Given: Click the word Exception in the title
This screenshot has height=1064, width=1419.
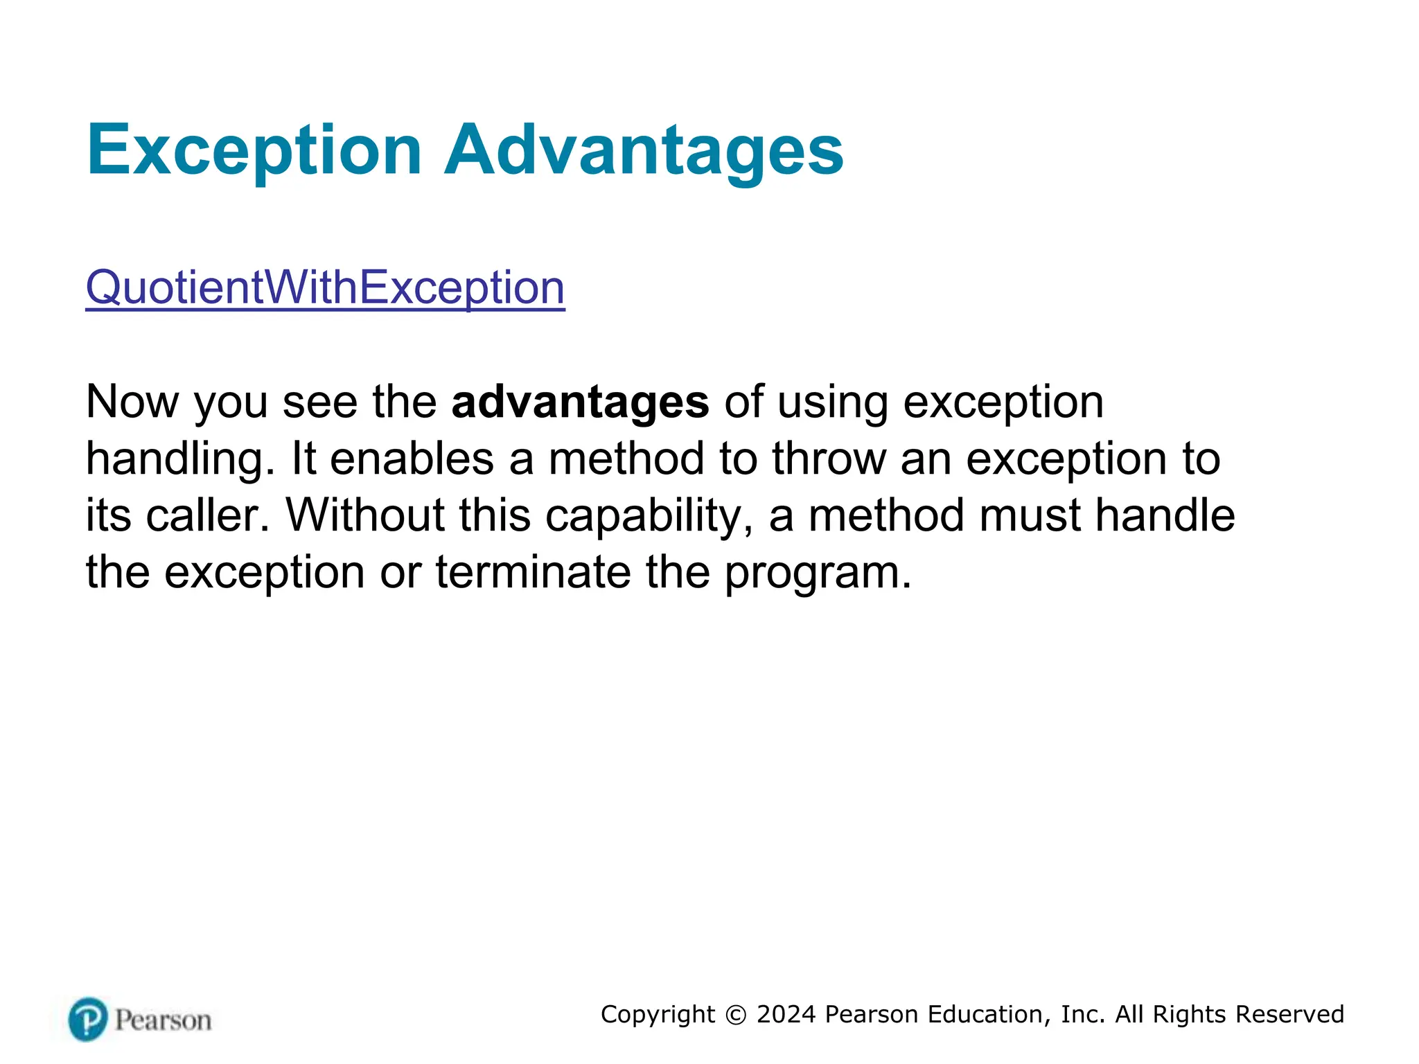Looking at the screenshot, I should click(254, 151).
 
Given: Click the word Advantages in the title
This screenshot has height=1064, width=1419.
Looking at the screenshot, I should click(644, 151).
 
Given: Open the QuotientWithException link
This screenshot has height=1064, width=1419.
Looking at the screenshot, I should click(325, 287).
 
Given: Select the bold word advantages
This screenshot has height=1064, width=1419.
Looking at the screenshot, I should click(580, 402).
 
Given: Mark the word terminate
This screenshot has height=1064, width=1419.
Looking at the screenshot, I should click(533, 573).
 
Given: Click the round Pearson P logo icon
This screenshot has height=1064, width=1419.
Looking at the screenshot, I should click(88, 1019).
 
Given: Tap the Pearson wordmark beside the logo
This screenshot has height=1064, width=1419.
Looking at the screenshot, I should click(163, 1020).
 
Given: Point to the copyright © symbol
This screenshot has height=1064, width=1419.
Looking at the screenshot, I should click(736, 1015).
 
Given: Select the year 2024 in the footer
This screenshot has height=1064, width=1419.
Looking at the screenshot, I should click(786, 1014).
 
